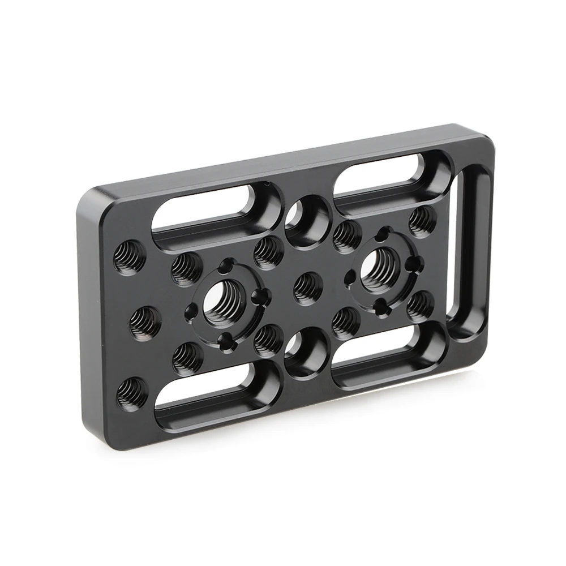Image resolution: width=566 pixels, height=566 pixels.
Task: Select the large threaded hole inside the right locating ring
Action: point(380,265)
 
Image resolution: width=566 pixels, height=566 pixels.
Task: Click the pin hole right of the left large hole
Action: point(261,295)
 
